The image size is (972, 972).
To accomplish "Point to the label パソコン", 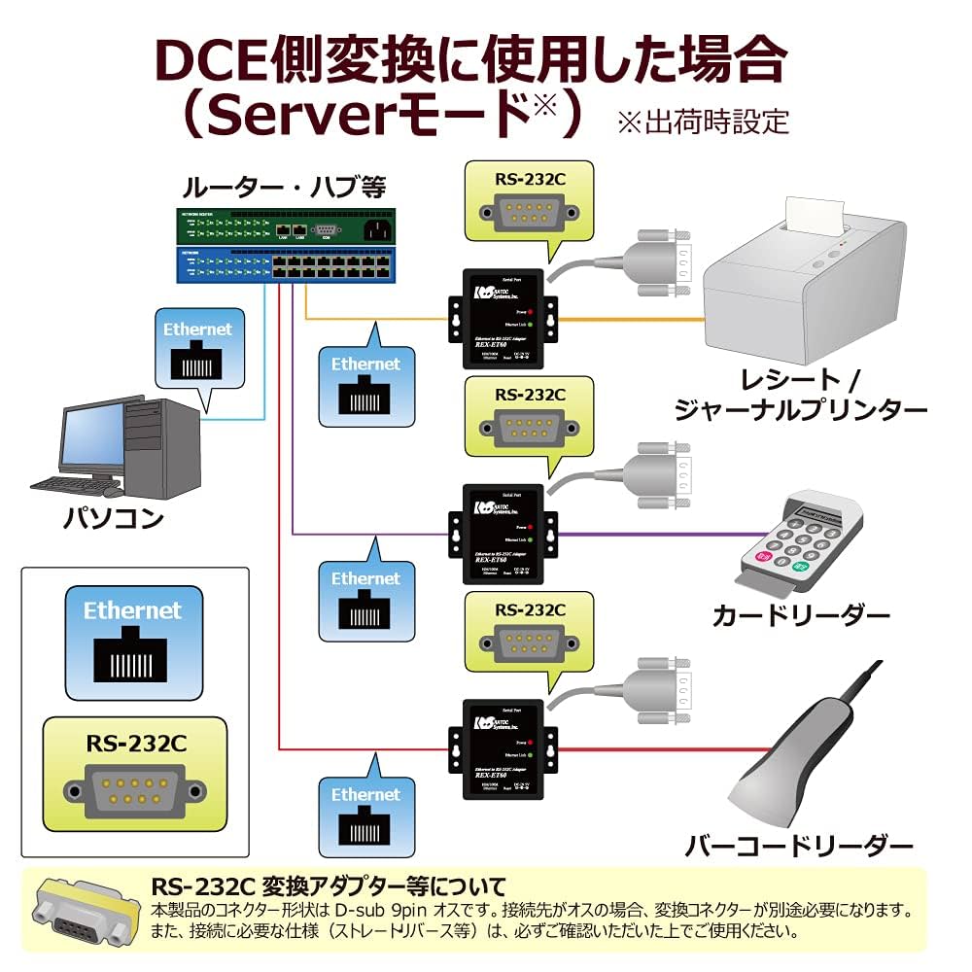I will (113, 517).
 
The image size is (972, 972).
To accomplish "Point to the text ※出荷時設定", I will (702, 121).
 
